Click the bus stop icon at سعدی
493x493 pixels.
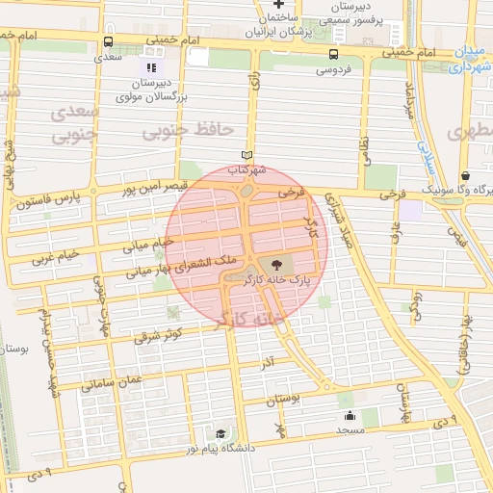[107, 42]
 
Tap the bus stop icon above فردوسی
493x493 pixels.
[333, 54]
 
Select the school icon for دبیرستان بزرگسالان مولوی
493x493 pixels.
[149, 67]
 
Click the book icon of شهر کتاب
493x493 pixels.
[247, 155]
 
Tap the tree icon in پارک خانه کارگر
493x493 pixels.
[276, 265]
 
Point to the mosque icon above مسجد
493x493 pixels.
[349, 416]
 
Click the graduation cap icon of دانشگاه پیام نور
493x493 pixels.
[221, 433]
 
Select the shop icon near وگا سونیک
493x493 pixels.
[466, 176]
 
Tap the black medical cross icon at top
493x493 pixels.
[278, 5]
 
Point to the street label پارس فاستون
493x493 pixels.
[50, 202]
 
